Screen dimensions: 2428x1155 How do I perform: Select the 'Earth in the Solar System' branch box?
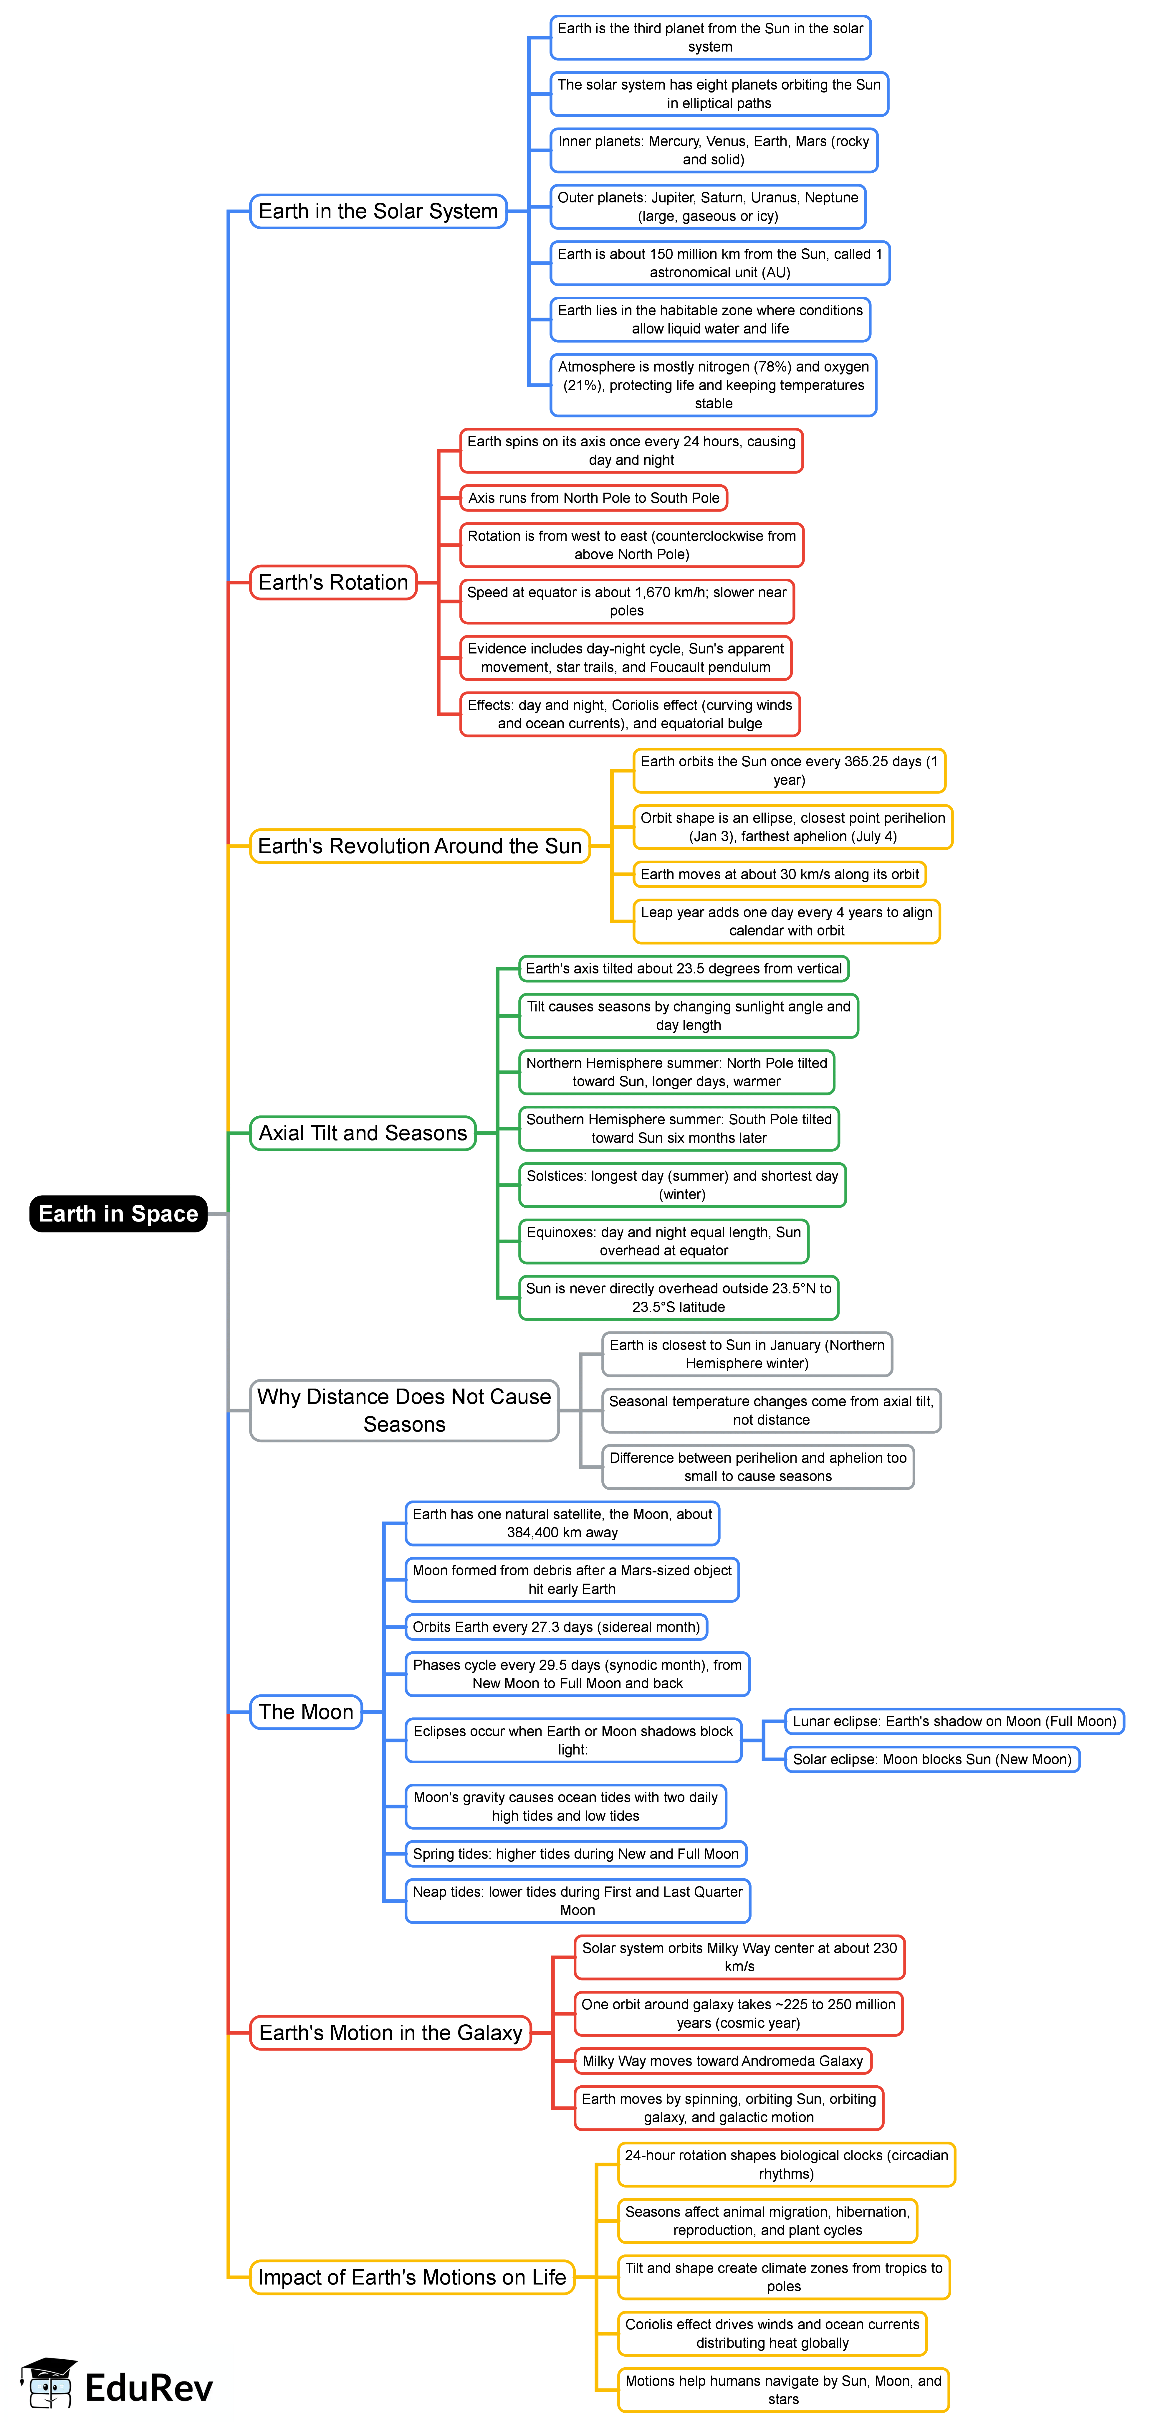pyautogui.click(x=378, y=211)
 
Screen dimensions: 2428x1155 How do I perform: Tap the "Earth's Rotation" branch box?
pyautogui.click(x=332, y=582)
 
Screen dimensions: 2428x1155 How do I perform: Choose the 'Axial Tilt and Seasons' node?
pyautogui.click(x=363, y=1133)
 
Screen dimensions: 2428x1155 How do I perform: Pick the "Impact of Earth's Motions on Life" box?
pyautogui.click(x=412, y=2277)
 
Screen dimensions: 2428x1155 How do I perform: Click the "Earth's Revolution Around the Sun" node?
pyautogui.click(x=419, y=846)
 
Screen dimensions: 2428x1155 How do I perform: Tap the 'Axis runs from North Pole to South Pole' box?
pyautogui.click(x=593, y=498)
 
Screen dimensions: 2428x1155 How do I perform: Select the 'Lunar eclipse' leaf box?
pyautogui.click(x=954, y=1721)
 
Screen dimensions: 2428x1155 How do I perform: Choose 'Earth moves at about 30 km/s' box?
pyautogui.click(x=779, y=875)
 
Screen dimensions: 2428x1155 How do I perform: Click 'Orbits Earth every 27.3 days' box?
pyautogui.click(x=556, y=1627)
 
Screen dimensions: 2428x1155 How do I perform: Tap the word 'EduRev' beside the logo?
pyautogui.click(x=149, y=2387)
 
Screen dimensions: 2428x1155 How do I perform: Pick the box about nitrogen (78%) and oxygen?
pyautogui.click(x=713, y=384)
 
